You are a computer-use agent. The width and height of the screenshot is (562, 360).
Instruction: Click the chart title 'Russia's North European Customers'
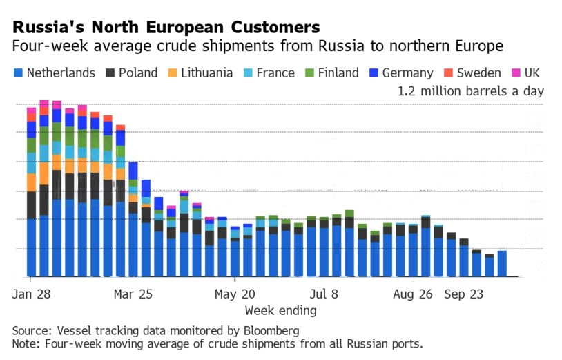click(x=166, y=27)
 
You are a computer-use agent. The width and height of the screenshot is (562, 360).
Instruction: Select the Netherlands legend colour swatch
click(x=18, y=73)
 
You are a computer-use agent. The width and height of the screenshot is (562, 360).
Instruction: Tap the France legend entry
click(x=275, y=73)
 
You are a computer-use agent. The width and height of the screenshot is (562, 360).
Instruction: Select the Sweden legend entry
click(x=474, y=73)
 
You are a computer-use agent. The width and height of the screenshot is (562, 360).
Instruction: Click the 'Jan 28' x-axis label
click(x=32, y=294)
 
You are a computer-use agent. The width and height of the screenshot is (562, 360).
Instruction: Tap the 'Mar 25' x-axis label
click(x=133, y=294)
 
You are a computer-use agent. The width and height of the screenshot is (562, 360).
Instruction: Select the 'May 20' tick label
click(x=235, y=294)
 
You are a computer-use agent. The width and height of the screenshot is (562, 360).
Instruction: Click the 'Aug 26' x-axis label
click(x=411, y=294)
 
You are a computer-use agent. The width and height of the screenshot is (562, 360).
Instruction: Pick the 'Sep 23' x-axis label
click(x=464, y=294)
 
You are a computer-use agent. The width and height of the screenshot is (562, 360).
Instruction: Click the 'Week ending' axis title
click(x=280, y=310)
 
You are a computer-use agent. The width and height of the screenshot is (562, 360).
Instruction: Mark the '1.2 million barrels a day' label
click(x=470, y=91)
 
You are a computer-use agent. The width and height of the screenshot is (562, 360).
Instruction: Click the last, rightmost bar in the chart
click(x=502, y=263)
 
